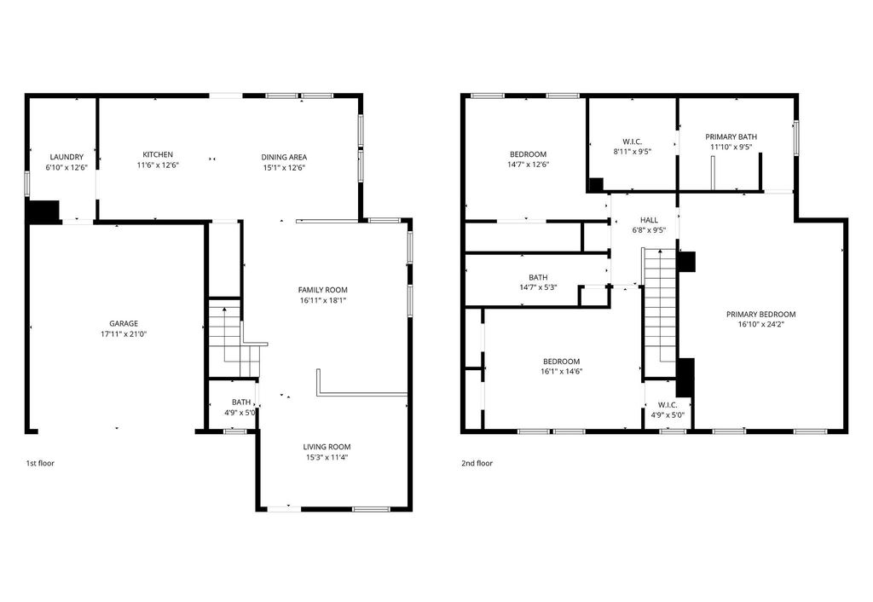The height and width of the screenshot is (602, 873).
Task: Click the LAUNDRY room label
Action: tap(66, 157)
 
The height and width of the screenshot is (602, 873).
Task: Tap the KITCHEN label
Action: tap(158, 154)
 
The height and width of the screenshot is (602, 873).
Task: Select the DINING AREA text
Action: tap(284, 157)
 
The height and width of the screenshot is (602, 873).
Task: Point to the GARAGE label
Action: tap(124, 323)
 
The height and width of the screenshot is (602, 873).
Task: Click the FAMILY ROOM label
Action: tap(323, 290)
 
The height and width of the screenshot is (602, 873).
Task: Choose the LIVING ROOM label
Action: tap(327, 447)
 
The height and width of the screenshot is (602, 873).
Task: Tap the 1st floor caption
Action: tap(40, 463)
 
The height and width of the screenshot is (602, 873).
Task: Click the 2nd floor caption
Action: tap(477, 463)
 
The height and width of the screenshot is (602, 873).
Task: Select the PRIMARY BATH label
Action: tap(731, 136)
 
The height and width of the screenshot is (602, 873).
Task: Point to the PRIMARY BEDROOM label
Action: tap(761, 314)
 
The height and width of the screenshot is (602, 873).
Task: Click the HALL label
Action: tap(649, 220)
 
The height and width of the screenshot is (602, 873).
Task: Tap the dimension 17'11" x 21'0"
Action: tap(124, 334)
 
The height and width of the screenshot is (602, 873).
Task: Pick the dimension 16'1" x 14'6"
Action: tap(561, 372)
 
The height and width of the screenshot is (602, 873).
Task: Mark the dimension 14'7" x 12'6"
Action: tap(529, 165)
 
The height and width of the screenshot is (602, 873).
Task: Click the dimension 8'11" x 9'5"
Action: tap(632, 150)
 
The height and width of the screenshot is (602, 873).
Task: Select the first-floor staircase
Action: tap(234, 339)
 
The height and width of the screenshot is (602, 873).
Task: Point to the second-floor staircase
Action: tap(660, 315)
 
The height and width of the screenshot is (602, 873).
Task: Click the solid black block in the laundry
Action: tap(43, 211)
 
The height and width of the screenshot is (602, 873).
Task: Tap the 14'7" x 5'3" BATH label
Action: tap(539, 277)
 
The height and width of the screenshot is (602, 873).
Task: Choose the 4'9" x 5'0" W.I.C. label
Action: tap(668, 405)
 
